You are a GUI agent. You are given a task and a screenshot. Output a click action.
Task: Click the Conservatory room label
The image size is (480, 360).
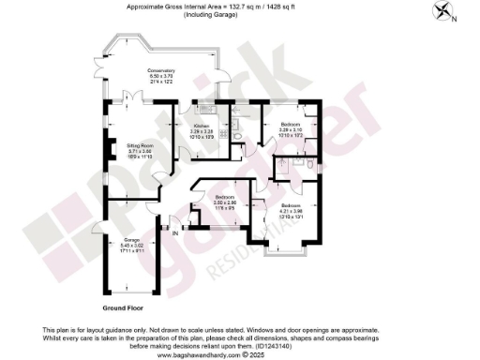click(162, 72)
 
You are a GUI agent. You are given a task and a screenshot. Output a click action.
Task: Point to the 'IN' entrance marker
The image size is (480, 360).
click(175, 232)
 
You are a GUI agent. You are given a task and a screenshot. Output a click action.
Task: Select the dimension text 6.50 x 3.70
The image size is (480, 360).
click(162, 78)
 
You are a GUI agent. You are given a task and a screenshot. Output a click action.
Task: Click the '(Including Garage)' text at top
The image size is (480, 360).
click(240, 13)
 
